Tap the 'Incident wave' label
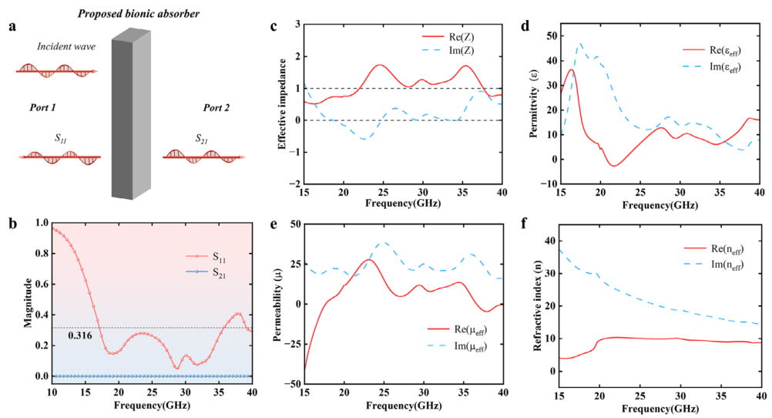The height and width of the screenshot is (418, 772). [66, 47]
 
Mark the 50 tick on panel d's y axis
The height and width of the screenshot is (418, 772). [552, 35]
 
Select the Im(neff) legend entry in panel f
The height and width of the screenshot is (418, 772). [720, 265]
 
